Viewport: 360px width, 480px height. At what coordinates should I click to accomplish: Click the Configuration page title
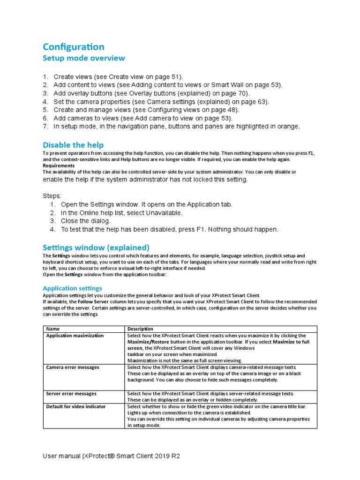click(74, 47)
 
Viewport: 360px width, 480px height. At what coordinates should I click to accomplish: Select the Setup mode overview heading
click(84, 58)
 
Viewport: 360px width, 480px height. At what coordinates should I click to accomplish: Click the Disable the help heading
click(73, 145)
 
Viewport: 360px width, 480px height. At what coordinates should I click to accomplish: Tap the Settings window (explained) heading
click(96, 247)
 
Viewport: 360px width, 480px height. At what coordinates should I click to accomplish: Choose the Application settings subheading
click(72, 288)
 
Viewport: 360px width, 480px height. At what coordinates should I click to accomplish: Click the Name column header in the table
click(53, 329)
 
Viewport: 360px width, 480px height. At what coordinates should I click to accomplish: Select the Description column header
click(140, 329)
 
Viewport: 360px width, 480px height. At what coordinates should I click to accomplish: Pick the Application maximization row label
click(75, 336)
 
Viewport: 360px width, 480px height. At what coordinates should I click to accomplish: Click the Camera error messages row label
click(73, 367)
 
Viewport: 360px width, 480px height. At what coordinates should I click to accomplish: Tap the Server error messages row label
click(71, 394)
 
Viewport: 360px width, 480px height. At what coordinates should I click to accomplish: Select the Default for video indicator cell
click(76, 406)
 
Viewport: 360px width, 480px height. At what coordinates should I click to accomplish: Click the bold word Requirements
click(59, 165)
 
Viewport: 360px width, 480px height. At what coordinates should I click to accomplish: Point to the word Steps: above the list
click(52, 195)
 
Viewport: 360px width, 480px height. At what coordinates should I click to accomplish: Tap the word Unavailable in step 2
click(164, 213)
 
